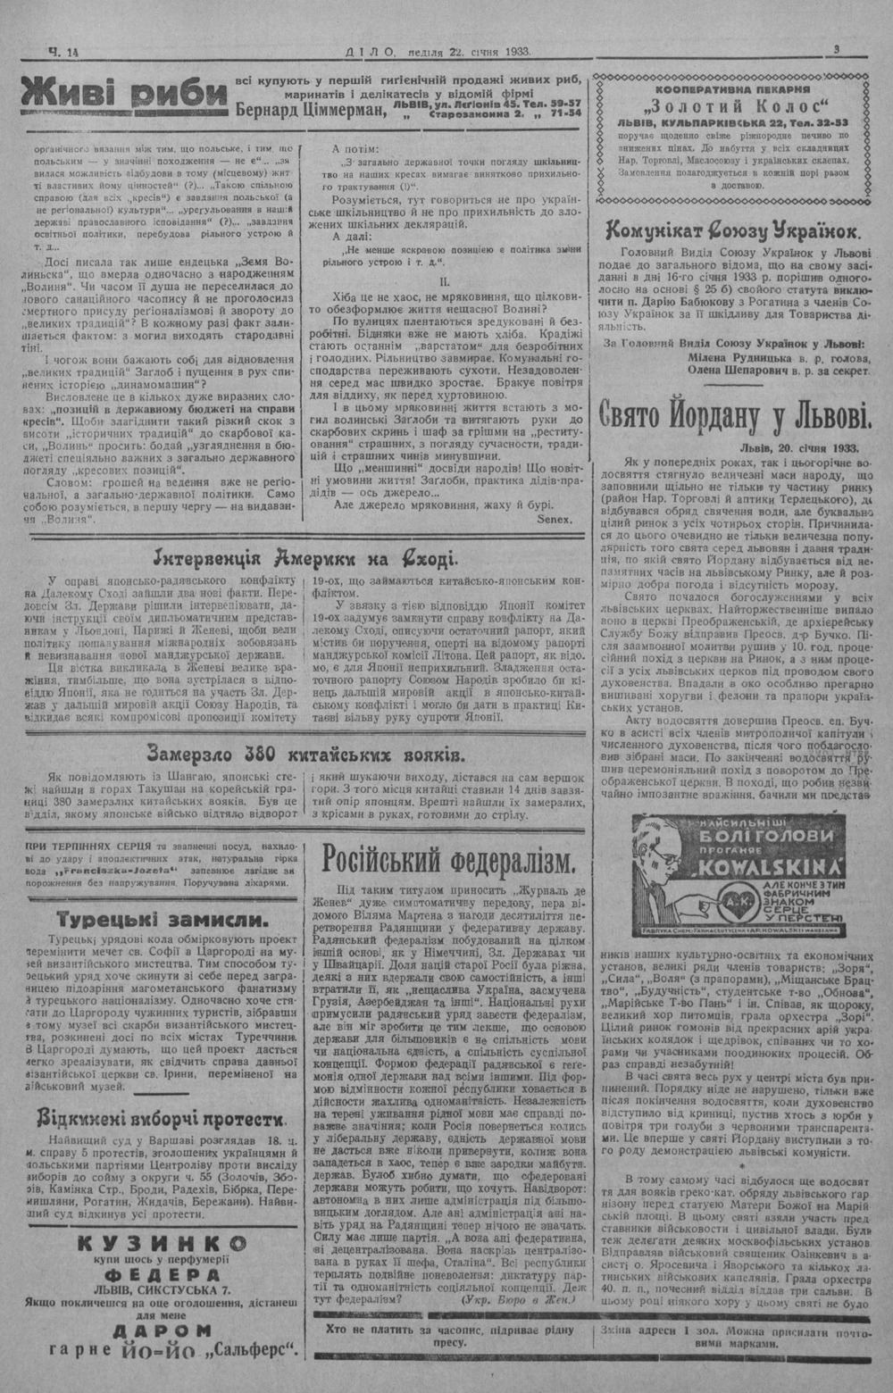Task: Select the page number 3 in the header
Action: (836, 51)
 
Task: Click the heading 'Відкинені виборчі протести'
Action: (161, 1119)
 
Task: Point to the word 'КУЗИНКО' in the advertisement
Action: (163, 1243)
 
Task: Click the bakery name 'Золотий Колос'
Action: (732, 106)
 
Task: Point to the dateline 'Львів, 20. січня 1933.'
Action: (798, 447)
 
